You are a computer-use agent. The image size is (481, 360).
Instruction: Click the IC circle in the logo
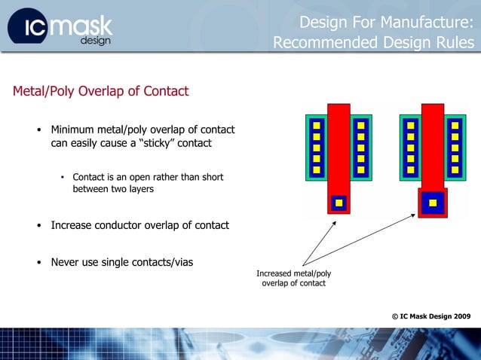tap(29, 28)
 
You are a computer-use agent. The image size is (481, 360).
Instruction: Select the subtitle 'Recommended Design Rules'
tap(374, 43)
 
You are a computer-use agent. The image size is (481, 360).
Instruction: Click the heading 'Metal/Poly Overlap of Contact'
tap(100, 91)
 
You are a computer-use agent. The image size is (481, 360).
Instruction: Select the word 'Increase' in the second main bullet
tap(73, 225)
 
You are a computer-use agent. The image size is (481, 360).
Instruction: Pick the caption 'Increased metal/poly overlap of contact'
tap(293, 277)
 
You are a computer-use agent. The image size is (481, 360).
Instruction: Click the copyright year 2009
tap(459, 316)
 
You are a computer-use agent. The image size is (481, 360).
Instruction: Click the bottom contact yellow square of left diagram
tap(339, 203)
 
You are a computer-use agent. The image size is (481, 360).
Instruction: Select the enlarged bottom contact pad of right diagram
tap(433, 202)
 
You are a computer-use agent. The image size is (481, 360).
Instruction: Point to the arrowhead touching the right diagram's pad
tap(414, 215)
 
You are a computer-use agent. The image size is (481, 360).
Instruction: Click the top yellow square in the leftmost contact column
tap(317, 125)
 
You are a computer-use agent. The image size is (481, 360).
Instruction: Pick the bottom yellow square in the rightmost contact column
tap(455, 169)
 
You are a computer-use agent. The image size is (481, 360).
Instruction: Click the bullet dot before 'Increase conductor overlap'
tap(39, 226)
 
